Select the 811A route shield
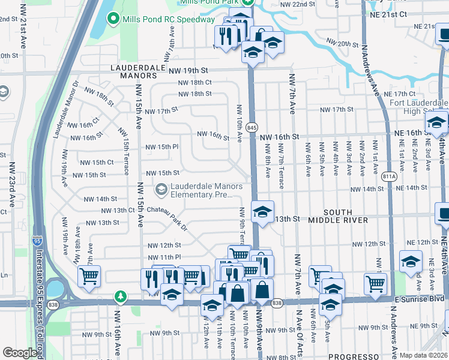(390, 176)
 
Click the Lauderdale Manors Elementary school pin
(161, 190)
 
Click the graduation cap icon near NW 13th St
(262, 212)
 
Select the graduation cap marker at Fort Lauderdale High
(436, 123)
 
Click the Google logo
(19, 353)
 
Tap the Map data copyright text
(423, 355)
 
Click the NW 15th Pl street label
(162, 146)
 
